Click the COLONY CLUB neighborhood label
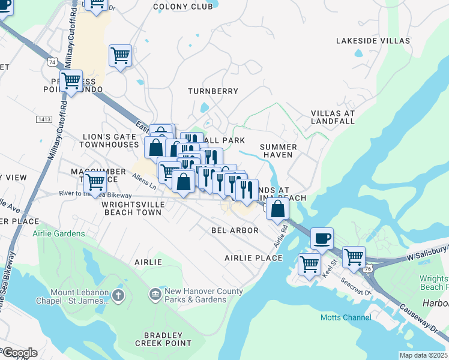183,7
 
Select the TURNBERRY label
212,91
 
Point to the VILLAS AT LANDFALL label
333,117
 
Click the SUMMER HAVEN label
278,151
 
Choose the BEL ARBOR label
235,230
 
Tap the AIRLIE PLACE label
253,258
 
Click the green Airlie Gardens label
59,233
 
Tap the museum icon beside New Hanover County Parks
155,294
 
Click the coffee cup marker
322,238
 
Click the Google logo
19,353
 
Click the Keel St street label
330,265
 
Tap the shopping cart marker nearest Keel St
309,263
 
